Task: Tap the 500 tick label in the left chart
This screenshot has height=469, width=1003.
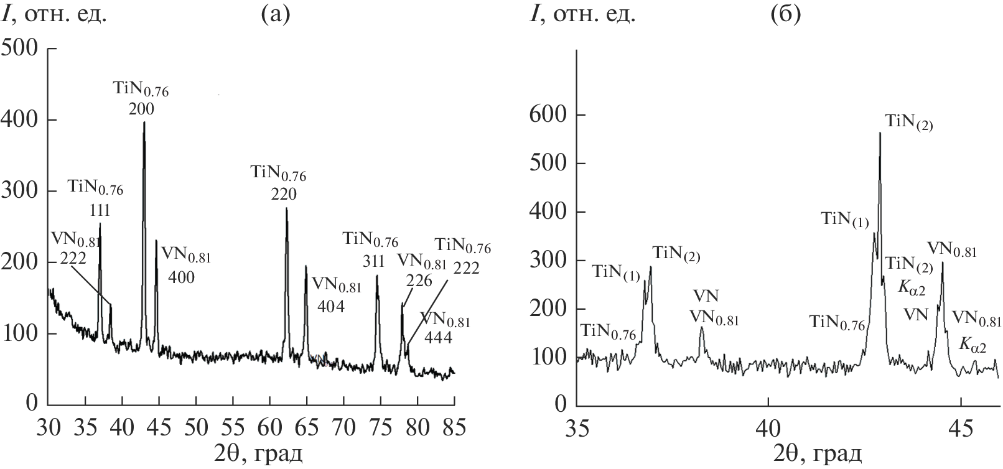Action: (x=21, y=48)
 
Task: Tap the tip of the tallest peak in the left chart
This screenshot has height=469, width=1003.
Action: (x=144, y=123)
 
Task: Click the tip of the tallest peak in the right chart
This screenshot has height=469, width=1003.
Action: (x=880, y=133)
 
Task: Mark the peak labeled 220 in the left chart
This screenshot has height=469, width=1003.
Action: (x=286, y=209)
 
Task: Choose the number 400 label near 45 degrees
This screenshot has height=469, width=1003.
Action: (x=182, y=277)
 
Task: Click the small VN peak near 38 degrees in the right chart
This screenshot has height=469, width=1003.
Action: (x=702, y=328)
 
